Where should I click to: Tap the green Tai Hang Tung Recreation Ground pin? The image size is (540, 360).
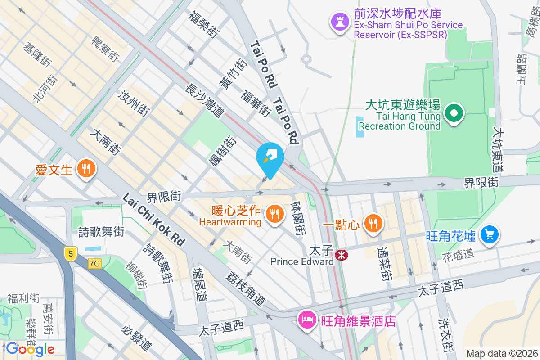[454, 112]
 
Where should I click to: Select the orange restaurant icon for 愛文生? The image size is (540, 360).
[85, 169]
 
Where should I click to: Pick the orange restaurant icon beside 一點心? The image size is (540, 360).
[373, 223]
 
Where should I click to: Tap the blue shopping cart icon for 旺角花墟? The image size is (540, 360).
[489, 234]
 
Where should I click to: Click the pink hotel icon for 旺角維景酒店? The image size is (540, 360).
[307, 320]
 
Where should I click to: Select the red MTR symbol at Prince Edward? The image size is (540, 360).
[342, 256]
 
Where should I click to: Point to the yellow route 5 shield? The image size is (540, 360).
[70, 254]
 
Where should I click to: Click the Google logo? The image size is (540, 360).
[30, 349]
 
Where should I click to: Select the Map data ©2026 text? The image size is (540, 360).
[501, 353]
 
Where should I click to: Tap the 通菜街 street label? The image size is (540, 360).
[386, 263]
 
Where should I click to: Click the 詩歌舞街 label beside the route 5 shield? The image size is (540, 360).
[101, 232]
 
